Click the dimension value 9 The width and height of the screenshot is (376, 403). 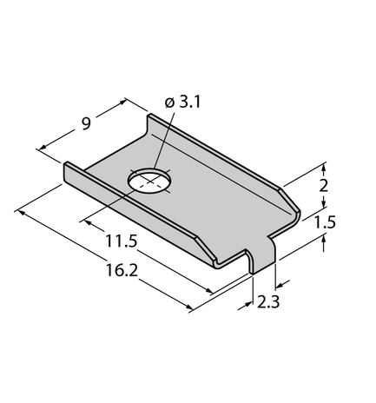[85, 123]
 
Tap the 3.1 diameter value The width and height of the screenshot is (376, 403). [188, 102]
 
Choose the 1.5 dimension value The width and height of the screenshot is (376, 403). [325, 222]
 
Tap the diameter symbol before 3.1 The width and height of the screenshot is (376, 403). [168, 103]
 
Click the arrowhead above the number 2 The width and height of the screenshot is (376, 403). [323, 166]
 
